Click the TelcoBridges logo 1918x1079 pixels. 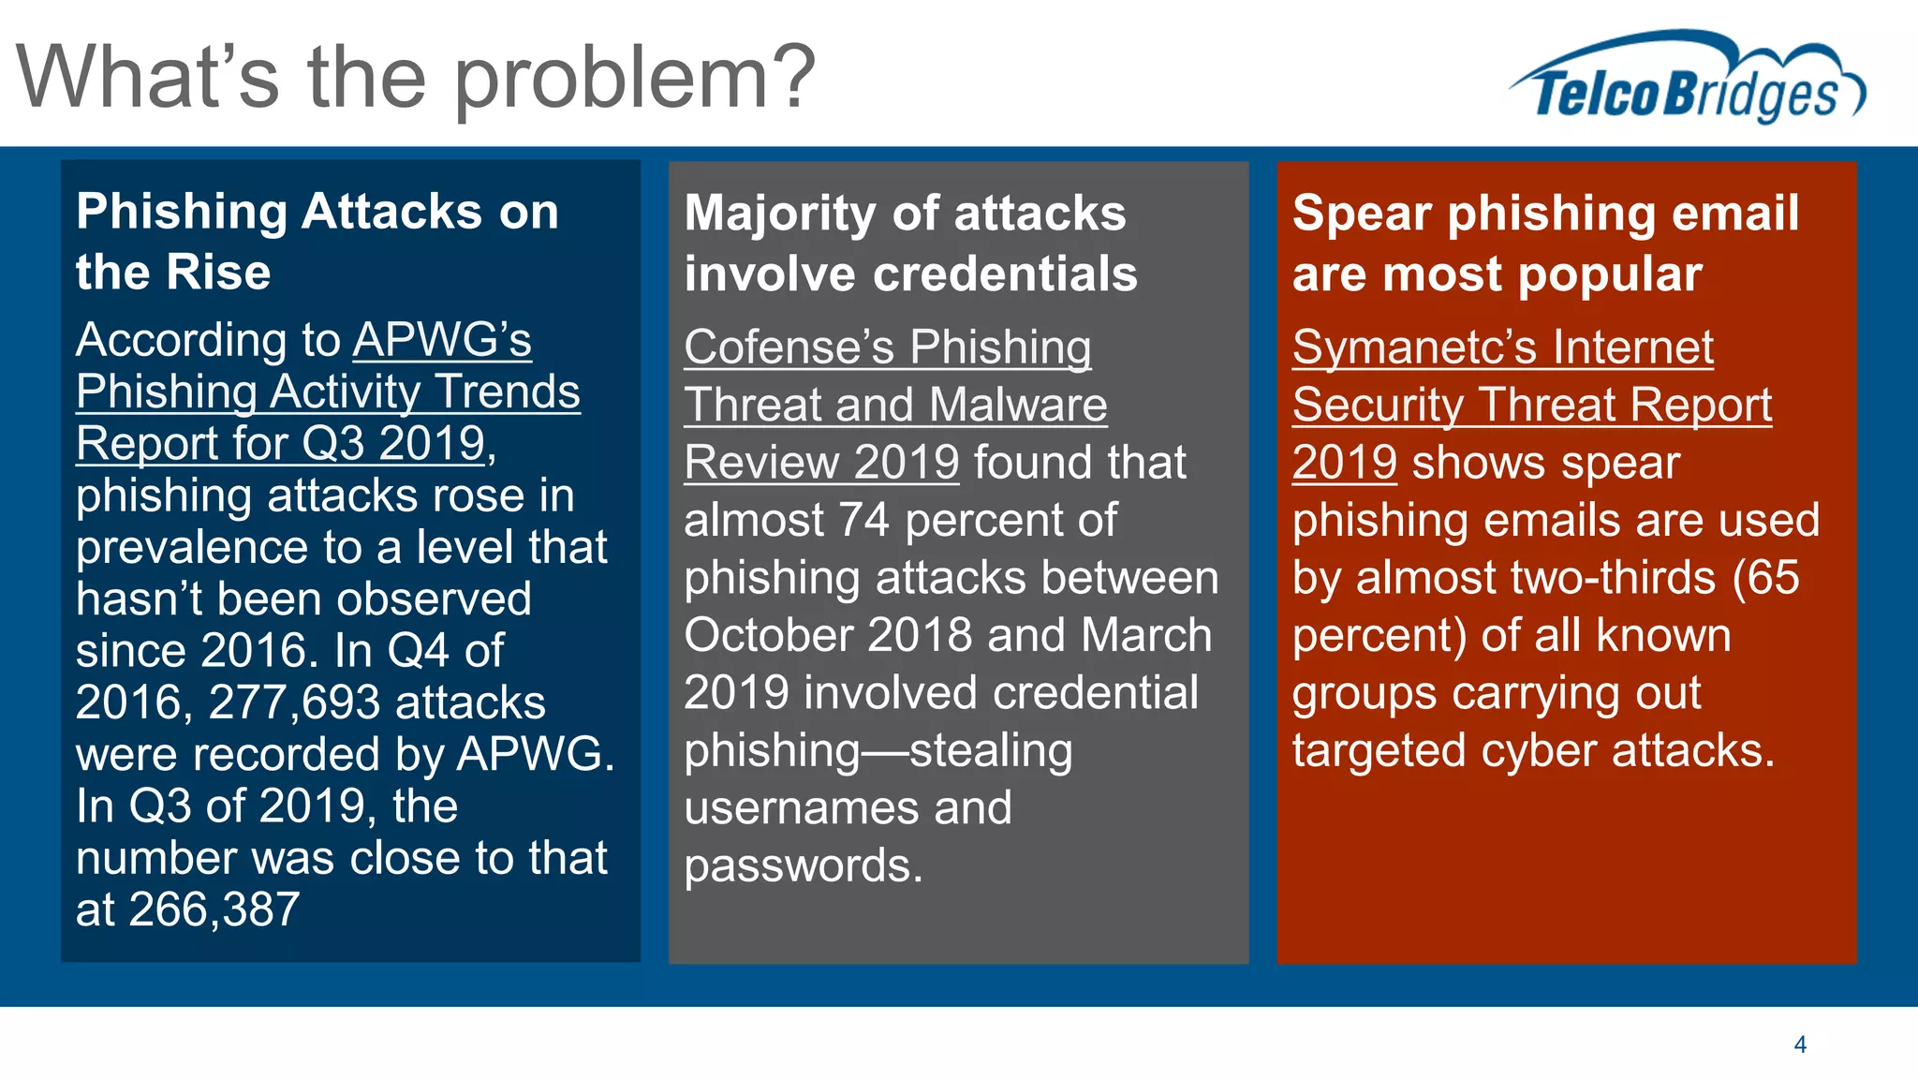1686,80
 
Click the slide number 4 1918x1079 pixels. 1799,1044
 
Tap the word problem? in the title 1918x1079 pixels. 635,80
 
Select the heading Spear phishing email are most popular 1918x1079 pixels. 1545,243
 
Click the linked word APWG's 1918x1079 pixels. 442,339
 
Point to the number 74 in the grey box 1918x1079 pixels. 863,520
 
